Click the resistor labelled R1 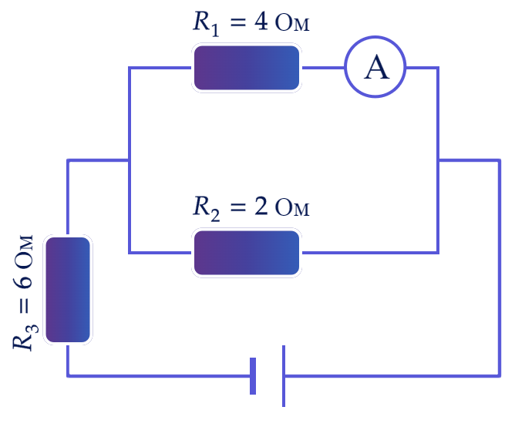click(x=247, y=68)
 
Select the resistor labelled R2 click(x=247, y=253)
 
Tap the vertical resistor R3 click(x=68, y=290)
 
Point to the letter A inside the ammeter click(x=377, y=68)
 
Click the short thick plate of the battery click(x=253, y=376)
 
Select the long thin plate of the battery click(x=284, y=376)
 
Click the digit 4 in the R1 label click(x=261, y=22)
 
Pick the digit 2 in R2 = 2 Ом click(x=261, y=207)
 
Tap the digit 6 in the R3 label click(x=23, y=283)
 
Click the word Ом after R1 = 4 click(x=292, y=23)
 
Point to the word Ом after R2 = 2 click(x=292, y=207)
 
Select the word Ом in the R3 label click(x=24, y=251)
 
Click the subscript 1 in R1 click(x=215, y=29)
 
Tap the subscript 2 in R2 click(x=215, y=214)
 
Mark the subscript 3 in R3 click(x=32, y=329)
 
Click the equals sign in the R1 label click(x=238, y=22)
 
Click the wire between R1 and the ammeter click(x=323, y=68)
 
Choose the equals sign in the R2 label click(x=238, y=207)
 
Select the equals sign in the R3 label click(x=24, y=305)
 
